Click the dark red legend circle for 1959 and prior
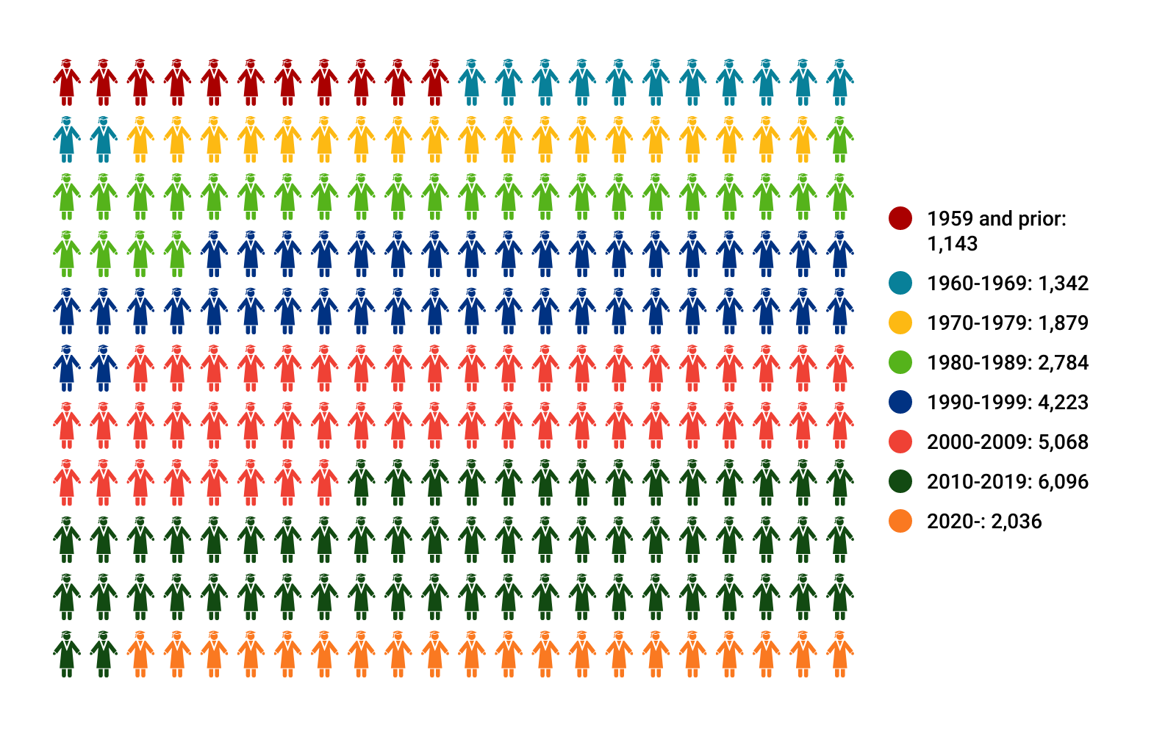(x=900, y=218)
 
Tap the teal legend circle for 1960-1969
(x=900, y=283)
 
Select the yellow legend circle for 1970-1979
(x=900, y=323)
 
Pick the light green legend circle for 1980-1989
(x=900, y=362)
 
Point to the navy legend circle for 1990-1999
(x=900, y=402)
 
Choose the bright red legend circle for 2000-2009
(x=900, y=442)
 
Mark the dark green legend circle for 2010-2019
(x=900, y=481)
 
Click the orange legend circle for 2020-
(x=900, y=521)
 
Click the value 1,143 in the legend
(x=953, y=244)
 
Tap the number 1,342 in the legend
(x=1063, y=284)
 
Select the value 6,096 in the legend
(x=1063, y=482)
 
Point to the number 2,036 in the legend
(x=1017, y=522)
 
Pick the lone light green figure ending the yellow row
(x=839, y=140)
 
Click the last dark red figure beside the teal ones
(x=434, y=82)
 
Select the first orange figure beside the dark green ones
(x=140, y=654)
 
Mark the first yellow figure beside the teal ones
(x=140, y=140)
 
